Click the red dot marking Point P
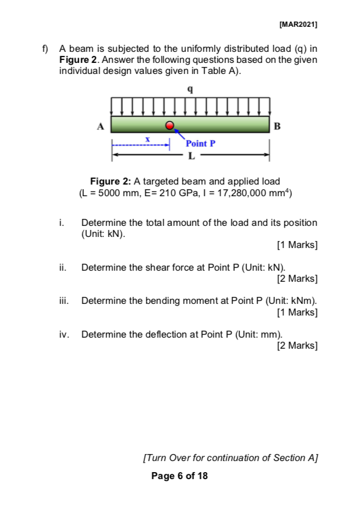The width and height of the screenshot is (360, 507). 170,125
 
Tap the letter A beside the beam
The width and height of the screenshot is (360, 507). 100,125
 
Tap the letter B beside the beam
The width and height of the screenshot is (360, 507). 277,125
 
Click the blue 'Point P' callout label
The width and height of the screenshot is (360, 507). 200,143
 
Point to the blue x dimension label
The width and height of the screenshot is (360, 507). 148,140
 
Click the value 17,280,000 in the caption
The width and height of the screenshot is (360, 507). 245,193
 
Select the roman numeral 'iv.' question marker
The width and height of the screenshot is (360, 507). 63,334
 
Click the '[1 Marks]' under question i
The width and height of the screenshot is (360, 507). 298,245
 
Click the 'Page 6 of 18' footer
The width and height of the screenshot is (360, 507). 179,476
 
